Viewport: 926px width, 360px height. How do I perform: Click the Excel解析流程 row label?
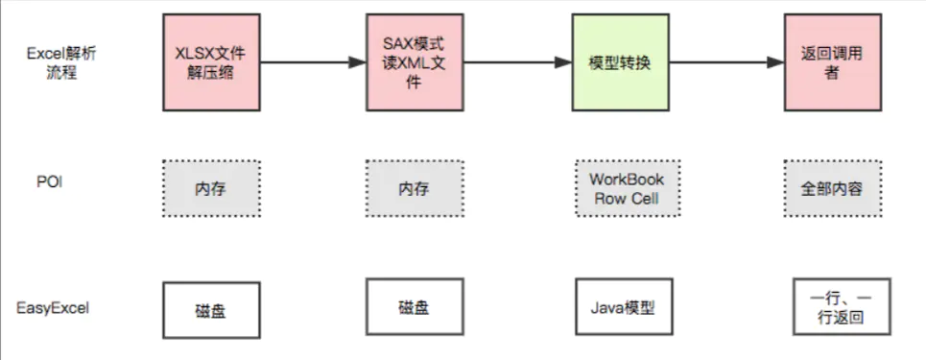[x=59, y=63]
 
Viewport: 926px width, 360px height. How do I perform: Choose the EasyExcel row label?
[x=54, y=308]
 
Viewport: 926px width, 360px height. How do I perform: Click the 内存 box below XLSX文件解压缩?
[x=211, y=188]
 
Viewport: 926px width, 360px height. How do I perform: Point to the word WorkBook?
[x=626, y=180]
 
